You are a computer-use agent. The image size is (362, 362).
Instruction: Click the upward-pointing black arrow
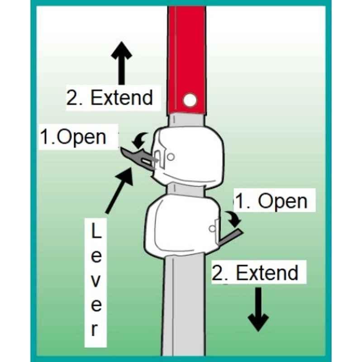(x=122, y=63)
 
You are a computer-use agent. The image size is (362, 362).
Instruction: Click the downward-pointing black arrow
(x=258, y=310)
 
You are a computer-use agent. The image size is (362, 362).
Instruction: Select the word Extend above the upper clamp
(x=122, y=98)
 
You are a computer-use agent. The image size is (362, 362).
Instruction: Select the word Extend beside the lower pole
(x=267, y=273)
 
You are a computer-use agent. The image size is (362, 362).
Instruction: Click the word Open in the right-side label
(x=282, y=201)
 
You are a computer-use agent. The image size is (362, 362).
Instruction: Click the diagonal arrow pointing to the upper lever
(x=119, y=190)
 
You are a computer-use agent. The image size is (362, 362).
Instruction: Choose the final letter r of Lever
(x=95, y=330)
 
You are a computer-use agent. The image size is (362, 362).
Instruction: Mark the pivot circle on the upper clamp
(x=171, y=157)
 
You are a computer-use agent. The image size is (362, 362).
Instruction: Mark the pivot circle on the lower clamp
(x=212, y=229)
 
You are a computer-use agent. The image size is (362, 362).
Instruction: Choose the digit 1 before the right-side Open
(x=241, y=201)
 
